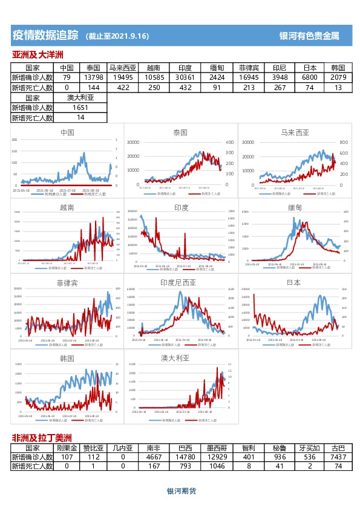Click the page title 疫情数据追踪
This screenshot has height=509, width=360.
[x=45, y=36]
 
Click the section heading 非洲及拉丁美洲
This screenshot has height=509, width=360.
[x=42, y=438]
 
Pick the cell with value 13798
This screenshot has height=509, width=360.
[x=94, y=78]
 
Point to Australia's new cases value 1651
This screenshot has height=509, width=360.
[x=80, y=108]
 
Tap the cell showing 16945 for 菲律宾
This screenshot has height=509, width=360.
[x=249, y=78]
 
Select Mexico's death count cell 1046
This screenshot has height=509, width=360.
[x=216, y=467]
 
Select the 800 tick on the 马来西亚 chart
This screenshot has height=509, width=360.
[x=343, y=142]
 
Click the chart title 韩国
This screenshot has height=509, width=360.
[x=67, y=358]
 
